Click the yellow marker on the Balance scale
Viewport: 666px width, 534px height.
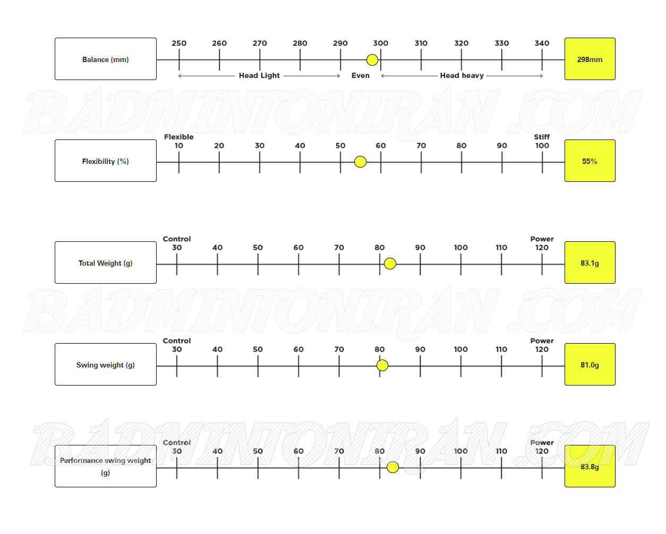click(372, 60)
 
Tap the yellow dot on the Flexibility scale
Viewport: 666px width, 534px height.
click(360, 162)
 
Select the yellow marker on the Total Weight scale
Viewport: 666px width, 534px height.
click(390, 264)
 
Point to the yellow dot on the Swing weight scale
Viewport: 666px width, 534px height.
click(382, 365)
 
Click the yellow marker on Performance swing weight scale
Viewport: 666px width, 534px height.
click(392, 467)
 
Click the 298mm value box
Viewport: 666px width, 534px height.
click(590, 59)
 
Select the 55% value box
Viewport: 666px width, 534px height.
click(590, 161)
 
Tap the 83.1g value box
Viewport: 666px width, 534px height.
click(590, 262)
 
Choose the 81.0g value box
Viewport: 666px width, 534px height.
click(590, 364)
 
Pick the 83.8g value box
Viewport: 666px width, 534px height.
click(590, 466)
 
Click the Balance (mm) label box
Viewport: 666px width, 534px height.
click(106, 59)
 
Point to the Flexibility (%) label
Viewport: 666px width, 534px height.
click(106, 161)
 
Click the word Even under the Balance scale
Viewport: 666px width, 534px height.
click(361, 75)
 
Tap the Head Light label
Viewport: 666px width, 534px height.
click(259, 75)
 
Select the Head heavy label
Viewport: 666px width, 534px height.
click(462, 75)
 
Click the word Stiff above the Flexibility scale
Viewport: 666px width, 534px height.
click(542, 137)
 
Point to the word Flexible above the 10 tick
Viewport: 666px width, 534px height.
click(179, 137)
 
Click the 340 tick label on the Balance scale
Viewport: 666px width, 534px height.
click(542, 43)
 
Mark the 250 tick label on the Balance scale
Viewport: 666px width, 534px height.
click(179, 43)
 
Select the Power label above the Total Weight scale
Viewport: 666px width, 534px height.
click(542, 239)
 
